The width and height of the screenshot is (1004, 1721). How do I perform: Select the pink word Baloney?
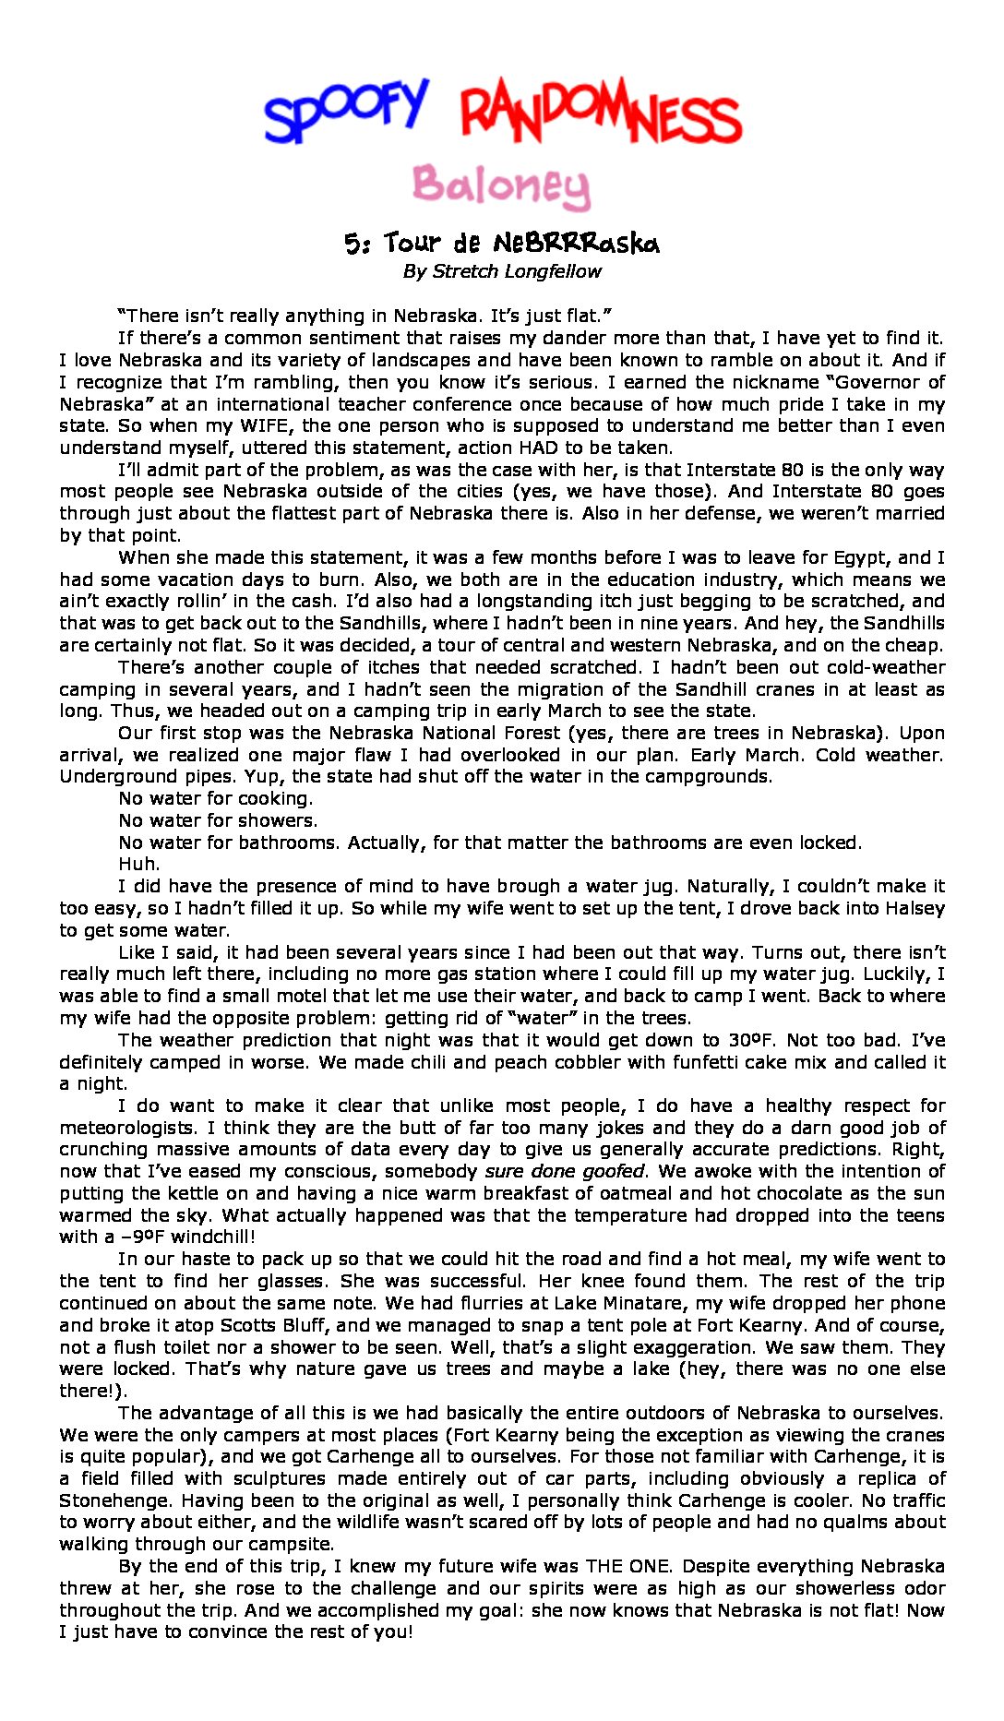tap(501, 186)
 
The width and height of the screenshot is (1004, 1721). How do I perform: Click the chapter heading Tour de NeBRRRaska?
tap(521, 244)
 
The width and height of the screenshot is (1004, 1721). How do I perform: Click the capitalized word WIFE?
tap(266, 425)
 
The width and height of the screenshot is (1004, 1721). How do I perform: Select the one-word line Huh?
tap(139, 865)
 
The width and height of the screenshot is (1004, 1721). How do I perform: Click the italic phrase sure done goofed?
tap(565, 1171)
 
